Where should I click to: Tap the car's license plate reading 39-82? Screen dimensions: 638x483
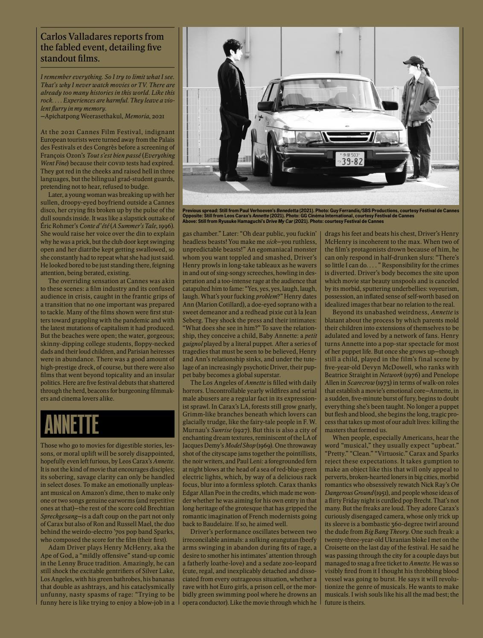coord(350,159)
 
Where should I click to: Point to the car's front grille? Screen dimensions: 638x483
coord(346,137)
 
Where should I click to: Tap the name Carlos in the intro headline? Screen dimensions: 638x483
coord(53,37)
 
